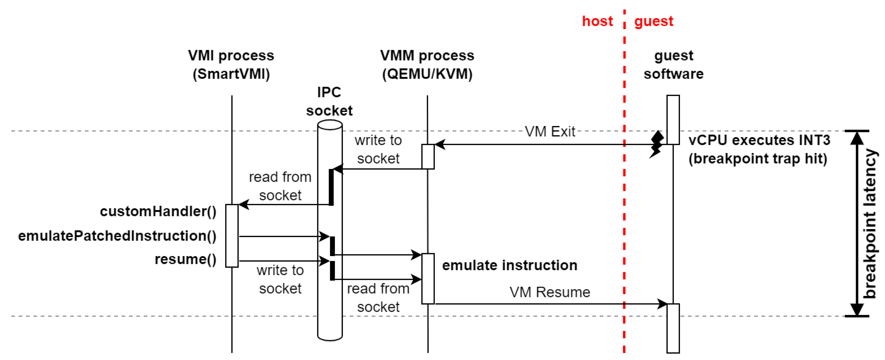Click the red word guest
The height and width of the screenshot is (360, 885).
pos(654,21)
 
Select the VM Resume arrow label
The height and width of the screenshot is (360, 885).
pos(550,292)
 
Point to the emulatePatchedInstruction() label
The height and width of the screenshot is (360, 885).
pos(117,236)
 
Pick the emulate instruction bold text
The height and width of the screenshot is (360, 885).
pos(510,266)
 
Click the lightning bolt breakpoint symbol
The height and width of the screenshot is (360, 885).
pos(657,144)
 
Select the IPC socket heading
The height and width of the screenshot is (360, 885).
pos(329,102)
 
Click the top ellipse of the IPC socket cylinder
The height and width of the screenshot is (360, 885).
pos(330,125)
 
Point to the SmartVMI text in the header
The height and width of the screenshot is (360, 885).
pos(231,74)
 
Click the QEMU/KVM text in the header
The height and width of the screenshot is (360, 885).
pos(427,74)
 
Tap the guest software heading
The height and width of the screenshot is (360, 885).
pos(673,65)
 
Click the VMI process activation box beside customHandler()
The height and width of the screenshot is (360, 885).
pos(232,236)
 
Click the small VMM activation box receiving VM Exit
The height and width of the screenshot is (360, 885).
pos(428,157)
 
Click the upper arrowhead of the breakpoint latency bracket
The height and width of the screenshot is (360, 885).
pos(857,138)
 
